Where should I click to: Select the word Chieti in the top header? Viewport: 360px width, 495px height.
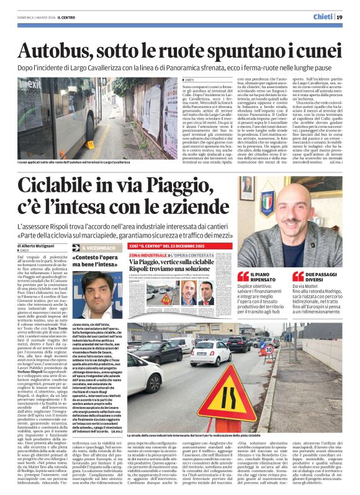click(x=322, y=16)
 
